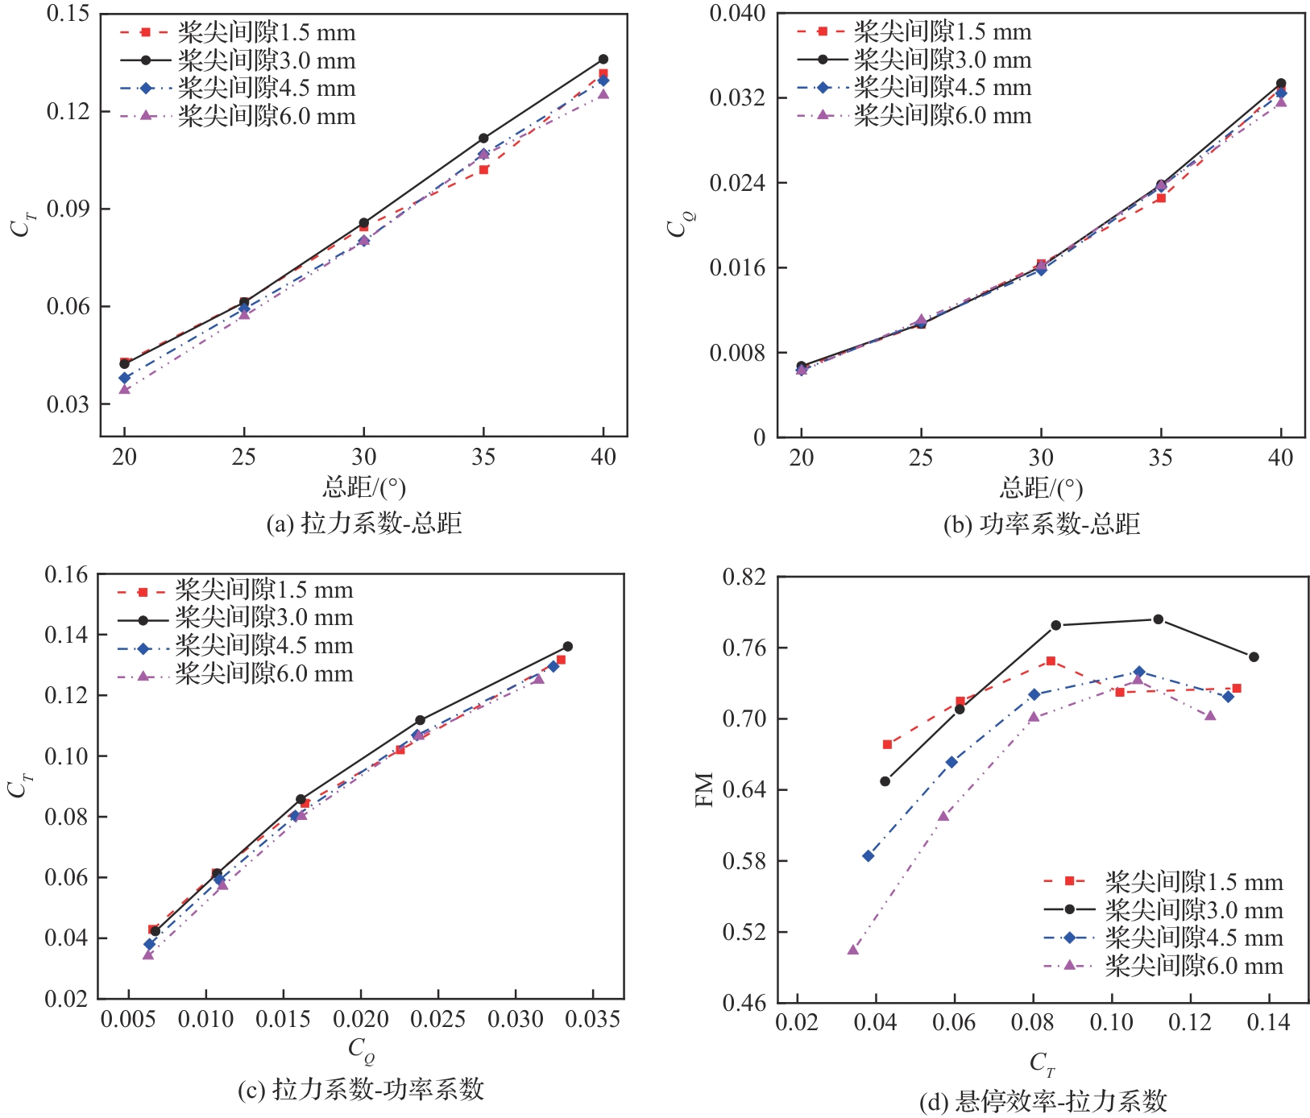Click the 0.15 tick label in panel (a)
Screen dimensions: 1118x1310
(x=68, y=14)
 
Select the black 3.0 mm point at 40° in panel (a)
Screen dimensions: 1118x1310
(x=603, y=60)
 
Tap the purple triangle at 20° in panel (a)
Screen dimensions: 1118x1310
(x=125, y=390)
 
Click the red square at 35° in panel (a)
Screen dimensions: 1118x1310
(x=483, y=170)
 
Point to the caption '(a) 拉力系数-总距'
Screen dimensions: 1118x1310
(x=364, y=524)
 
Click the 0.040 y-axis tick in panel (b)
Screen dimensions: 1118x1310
(x=737, y=14)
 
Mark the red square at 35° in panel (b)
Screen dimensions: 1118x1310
(x=1161, y=198)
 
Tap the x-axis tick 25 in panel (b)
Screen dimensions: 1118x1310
(x=921, y=458)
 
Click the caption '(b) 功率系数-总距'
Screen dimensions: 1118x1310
(x=1042, y=524)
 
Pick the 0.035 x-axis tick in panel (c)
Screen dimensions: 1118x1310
(x=592, y=1020)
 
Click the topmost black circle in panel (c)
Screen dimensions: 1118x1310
(x=568, y=647)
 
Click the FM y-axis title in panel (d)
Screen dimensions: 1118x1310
(x=705, y=789)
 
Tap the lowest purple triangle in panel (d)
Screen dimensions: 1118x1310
(x=853, y=950)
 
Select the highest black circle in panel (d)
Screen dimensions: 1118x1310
(x=1158, y=619)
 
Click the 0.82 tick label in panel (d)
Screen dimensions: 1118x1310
(x=744, y=578)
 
